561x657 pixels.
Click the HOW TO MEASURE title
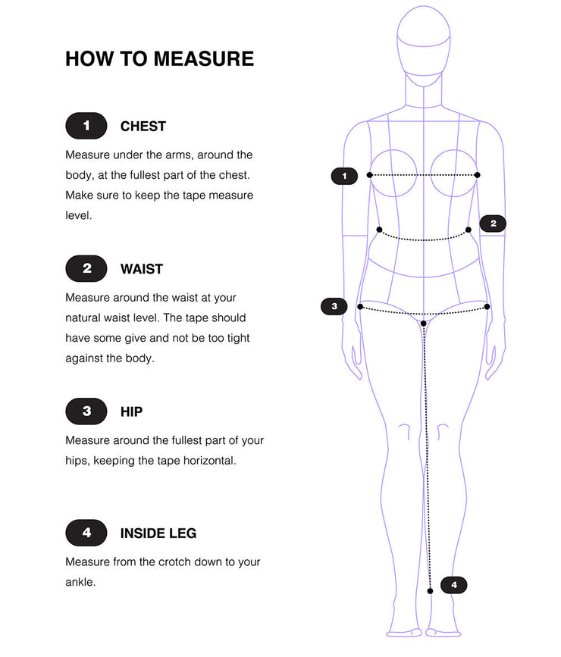pos(159,58)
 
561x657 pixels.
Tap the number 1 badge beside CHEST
pos(86,126)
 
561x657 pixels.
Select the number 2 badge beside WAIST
pos(86,268)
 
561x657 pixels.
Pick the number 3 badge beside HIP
pos(86,411)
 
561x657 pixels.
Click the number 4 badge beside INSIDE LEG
pos(86,533)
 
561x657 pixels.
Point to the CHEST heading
pos(143,126)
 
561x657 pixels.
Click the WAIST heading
pos(141,269)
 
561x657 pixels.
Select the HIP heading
pos(131,412)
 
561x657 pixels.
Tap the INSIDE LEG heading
pos(158,533)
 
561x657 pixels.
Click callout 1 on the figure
pos(344,176)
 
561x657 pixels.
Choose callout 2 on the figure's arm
pos(493,224)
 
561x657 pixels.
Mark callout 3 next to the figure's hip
pos(334,306)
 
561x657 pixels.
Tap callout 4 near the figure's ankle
pos(453,585)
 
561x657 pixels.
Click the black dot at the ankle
pos(430,591)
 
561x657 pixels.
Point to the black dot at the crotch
pos(424,324)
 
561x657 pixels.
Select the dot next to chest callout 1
pos(369,175)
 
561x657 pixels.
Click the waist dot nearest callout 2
pos(469,230)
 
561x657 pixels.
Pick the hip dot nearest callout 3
pos(360,307)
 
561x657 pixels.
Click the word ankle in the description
pos(80,583)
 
